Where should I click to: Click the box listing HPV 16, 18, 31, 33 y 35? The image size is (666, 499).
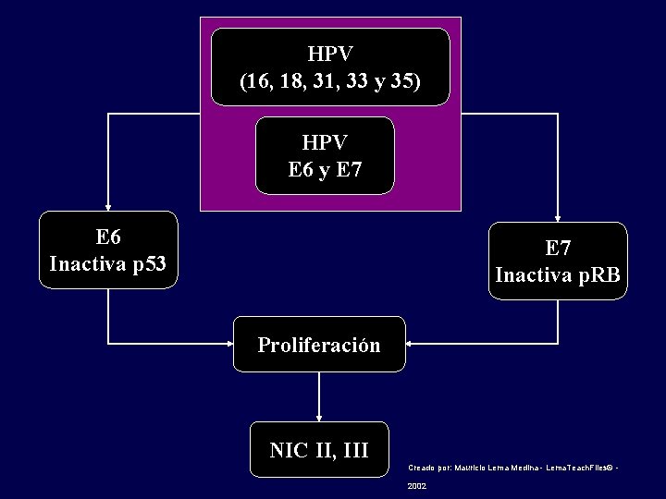point(330,67)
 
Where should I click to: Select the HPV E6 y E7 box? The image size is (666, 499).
point(325,155)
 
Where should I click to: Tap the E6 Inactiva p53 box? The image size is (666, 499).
point(108,249)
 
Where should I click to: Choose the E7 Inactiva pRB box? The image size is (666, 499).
point(558,261)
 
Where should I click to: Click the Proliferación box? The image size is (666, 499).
point(319,345)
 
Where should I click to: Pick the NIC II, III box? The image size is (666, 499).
point(319,450)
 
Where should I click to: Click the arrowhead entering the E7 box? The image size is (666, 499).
point(558,217)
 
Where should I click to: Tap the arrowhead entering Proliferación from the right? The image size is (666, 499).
point(410,344)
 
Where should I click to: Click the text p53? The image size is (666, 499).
point(149,264)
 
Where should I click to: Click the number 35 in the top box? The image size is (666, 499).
point(403,81)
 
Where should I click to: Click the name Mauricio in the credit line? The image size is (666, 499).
point(473,469)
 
